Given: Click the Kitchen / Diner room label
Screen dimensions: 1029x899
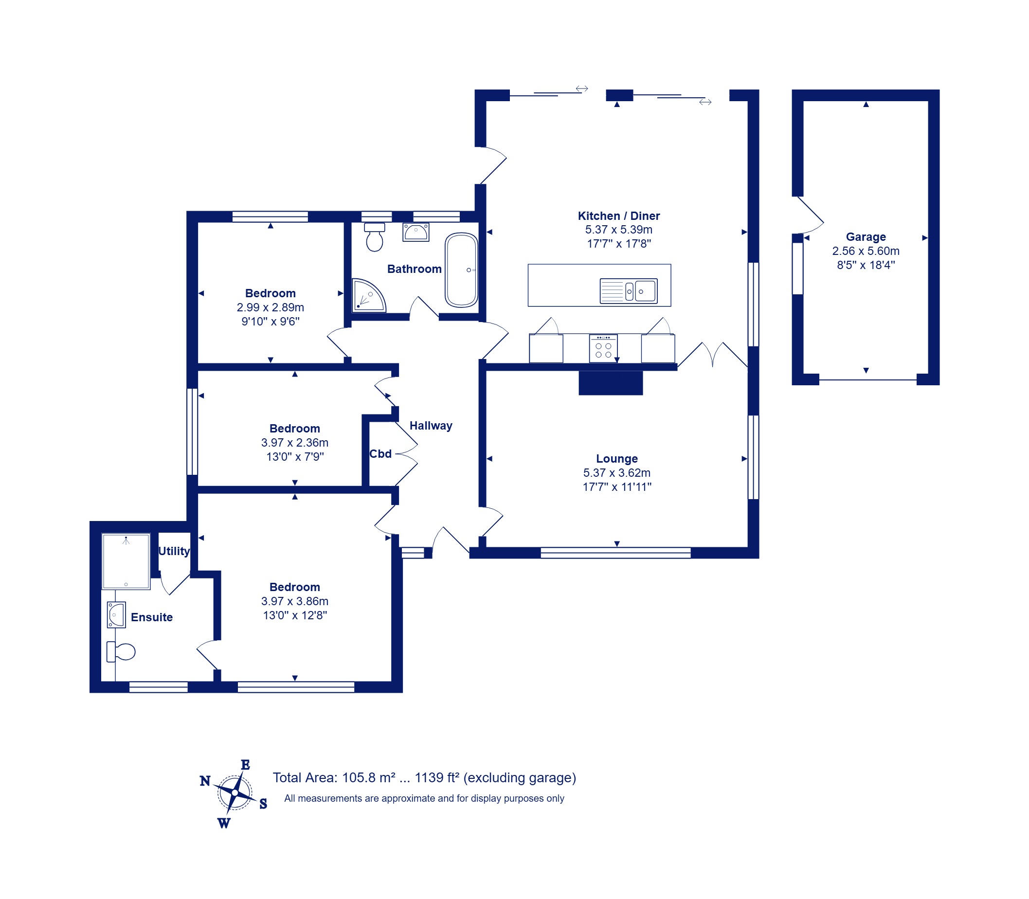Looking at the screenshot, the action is [618, 216].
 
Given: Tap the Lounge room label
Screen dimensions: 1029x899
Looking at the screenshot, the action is [616, 459].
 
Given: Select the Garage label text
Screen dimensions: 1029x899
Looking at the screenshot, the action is [866, 237].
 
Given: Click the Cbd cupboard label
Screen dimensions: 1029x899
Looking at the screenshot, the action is [380, 453].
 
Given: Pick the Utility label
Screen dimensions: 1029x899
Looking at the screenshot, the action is [174, 551].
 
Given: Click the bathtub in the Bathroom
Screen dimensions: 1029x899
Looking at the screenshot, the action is [461, 270].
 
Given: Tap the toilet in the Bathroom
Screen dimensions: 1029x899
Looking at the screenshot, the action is [374, 237].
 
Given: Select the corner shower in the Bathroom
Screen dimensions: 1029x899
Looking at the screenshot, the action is [368, 295].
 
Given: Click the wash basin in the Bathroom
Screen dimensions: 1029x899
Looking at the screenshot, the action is [415, 232].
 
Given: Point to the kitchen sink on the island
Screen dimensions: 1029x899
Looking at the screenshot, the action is [628, 291].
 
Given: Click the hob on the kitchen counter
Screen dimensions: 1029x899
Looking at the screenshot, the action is [603, 348].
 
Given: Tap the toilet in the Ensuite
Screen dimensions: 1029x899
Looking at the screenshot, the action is [121, 652].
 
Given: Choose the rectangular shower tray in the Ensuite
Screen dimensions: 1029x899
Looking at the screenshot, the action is [126, 561].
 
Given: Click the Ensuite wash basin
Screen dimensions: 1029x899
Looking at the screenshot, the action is [116, 614].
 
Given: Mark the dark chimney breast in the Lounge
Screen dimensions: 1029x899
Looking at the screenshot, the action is [611, 383].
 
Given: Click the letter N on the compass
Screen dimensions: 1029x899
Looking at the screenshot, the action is [205, 781].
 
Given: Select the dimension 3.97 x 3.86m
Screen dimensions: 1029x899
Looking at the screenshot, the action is [294, 601].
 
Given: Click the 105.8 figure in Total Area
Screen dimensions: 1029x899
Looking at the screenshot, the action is [359, 777].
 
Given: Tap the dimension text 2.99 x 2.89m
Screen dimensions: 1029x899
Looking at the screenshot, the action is [270, 307].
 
